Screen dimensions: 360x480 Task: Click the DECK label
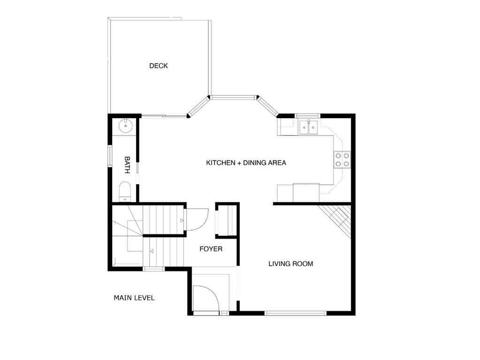158,66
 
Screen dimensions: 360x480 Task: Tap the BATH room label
127,165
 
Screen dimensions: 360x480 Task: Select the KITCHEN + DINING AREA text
246,163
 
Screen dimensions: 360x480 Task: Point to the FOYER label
211,248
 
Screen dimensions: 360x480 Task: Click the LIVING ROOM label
290,263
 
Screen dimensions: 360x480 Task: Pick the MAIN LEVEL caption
134,298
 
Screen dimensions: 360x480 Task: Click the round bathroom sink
126,126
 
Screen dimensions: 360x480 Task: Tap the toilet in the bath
125,191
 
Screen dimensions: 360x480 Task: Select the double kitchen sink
308,127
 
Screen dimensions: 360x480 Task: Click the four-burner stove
341,160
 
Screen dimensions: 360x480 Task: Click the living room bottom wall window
296,313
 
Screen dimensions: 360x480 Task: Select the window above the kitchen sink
307,115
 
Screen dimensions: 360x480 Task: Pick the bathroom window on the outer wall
110,156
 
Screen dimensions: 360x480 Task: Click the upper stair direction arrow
181,219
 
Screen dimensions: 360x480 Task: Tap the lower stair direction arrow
151,251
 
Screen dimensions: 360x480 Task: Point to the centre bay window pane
233,97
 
